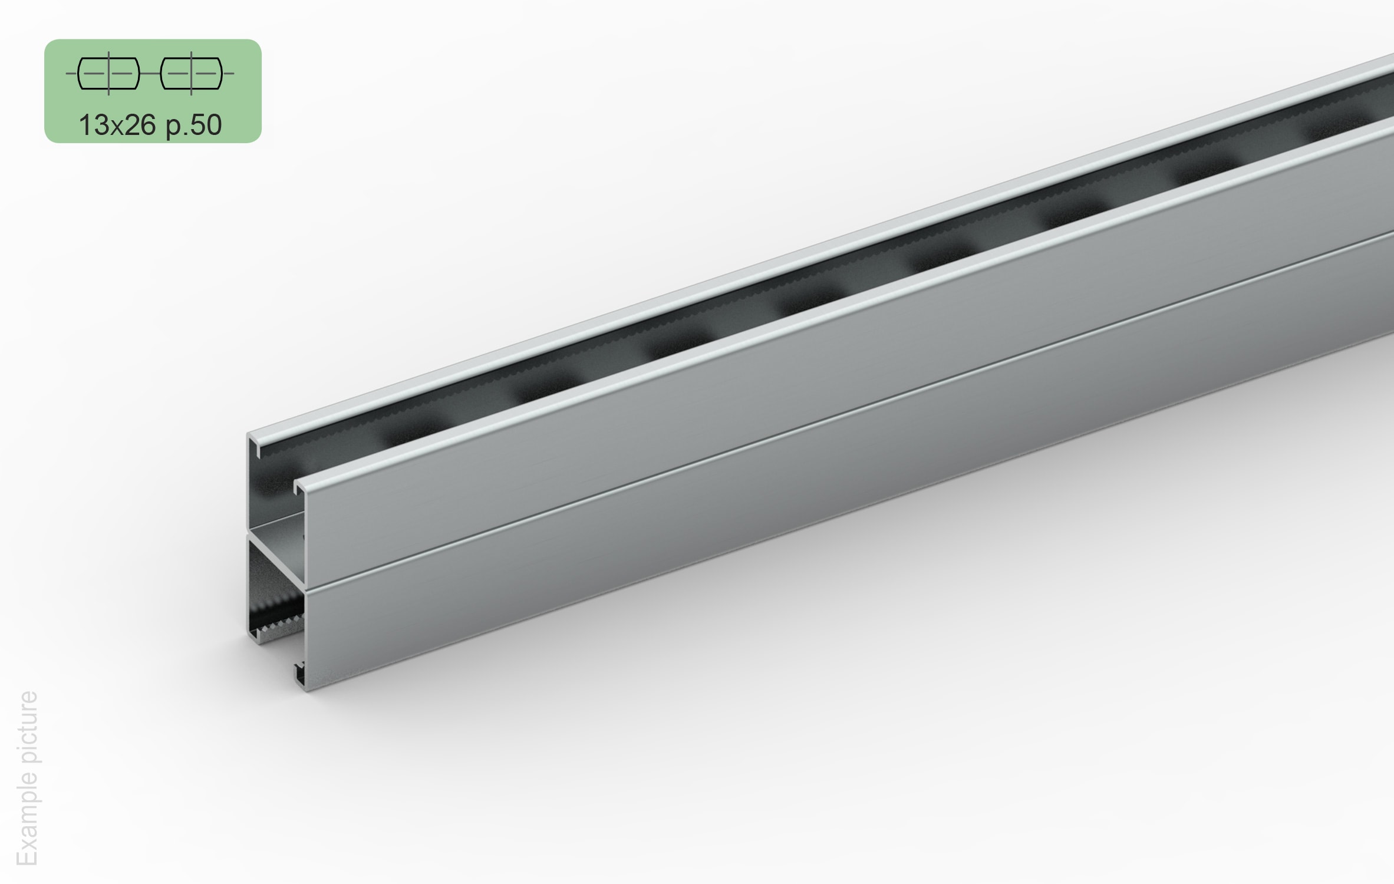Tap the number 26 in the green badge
[x=140, y=125]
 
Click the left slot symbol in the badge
[x=109, y=74]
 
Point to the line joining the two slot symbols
[x=150, y=74]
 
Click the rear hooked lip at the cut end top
[x=255, y=442]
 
